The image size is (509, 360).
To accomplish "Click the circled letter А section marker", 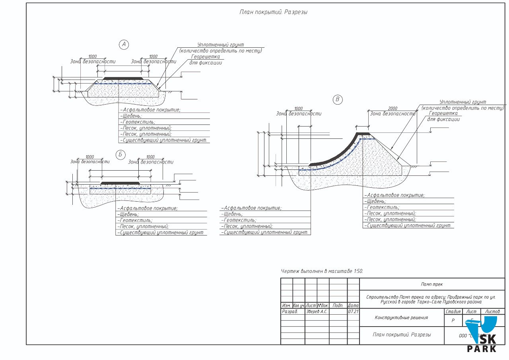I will coord(124,45).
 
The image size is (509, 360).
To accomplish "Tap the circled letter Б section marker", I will coord(120,155).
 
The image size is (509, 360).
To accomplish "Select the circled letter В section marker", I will coord(338,99).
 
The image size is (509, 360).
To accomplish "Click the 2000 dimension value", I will coord(392,109).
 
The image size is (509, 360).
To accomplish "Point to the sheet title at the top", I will coord(274,12).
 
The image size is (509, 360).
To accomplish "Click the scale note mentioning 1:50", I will coord(322,271).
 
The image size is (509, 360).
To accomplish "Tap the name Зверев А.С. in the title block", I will coord(317,311).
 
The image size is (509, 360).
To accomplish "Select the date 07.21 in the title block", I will coord(353,311).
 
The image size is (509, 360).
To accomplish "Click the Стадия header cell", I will coord(453,311).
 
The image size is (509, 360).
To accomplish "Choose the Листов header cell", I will coord(492,311).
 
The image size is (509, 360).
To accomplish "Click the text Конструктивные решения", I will coord(401,317).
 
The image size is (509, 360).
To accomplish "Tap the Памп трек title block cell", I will coord(432,284).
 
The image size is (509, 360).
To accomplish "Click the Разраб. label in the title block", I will coord(289,311).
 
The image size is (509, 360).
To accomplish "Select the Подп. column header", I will coord(338,306).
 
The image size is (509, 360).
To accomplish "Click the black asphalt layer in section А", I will coord(122,78).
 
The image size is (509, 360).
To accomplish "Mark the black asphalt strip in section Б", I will coord(120,183).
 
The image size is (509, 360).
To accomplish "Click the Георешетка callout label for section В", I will coord(443,113).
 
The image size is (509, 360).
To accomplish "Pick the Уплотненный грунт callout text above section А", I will coord(220,45).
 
